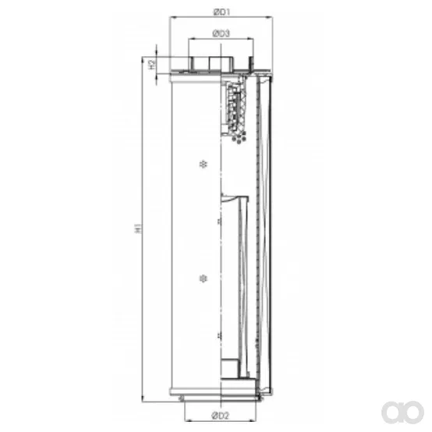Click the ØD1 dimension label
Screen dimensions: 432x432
point(221,12)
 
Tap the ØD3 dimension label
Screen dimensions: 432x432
point(221,34)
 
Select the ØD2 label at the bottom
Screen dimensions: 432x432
point(220,415)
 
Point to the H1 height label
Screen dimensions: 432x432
point(138,228)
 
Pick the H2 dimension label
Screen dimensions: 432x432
point(152,65)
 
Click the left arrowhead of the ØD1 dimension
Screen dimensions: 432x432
point(173,17)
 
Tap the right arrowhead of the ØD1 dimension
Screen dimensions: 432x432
point(270,17)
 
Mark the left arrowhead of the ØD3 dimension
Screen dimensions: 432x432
point(192,39)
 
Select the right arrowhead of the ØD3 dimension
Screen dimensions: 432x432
point(250,39)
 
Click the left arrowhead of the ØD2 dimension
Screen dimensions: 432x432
point(188,421)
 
